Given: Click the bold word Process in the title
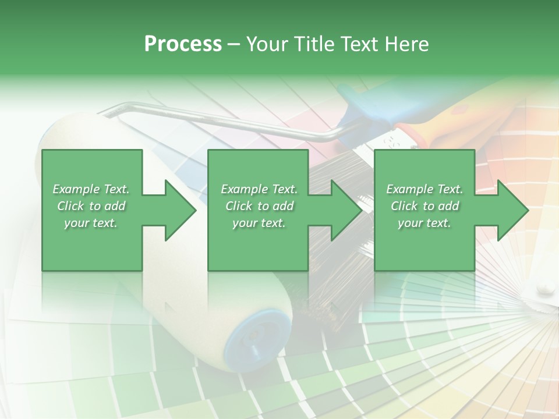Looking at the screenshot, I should pyautogui.click(x=183, y=44).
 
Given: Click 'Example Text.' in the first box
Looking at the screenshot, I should pyautogui.click(x=91, y=189).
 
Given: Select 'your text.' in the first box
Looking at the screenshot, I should pyautogui.click(x=91, y=223).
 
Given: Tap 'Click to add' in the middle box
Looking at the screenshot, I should pyautogui.click(x=259, y=206).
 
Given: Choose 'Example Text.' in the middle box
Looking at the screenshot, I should pyautogui.click(x=259, y=189).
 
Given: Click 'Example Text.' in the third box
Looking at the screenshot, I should pyautogui.click(x=424, y=189).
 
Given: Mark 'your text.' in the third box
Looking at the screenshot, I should pyautogui.click(x=424, y=223).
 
